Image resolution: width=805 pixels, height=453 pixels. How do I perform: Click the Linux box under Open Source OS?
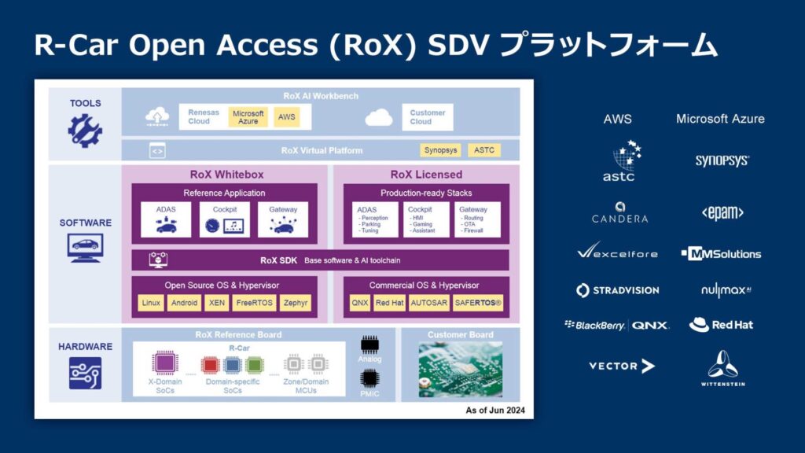click(x=150, y=303)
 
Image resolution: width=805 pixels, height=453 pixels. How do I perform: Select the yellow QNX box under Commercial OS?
click(x=360, y=303)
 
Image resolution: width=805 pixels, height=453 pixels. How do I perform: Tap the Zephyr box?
click(x=296, y=303)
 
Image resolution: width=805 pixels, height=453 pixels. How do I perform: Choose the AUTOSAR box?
click(x=429, y=303)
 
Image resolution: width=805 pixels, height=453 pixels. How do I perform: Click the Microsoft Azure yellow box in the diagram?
click(x=248, y=117)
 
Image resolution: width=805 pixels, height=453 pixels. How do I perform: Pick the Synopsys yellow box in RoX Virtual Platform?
click(x=441, y=150)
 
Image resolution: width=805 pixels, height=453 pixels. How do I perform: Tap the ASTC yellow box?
click(x=484, y=150)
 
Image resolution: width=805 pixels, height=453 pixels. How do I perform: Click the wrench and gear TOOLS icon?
click(x=85, y=131)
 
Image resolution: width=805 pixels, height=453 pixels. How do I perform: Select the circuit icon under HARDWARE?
click(x=85, y=373)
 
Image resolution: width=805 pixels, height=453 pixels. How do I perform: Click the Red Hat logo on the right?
click(x=721, y=325)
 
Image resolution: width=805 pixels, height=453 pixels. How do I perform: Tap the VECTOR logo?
click(x=621, y=366)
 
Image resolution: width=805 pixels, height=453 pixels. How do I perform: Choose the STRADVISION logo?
click(x=617, y=290)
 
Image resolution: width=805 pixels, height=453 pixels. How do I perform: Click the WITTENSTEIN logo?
click(x=722, y=368)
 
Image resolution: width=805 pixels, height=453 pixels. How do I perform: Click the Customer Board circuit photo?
click(x=460, y=368)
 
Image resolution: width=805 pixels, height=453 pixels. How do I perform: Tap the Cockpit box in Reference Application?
click(x=224, y=219)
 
